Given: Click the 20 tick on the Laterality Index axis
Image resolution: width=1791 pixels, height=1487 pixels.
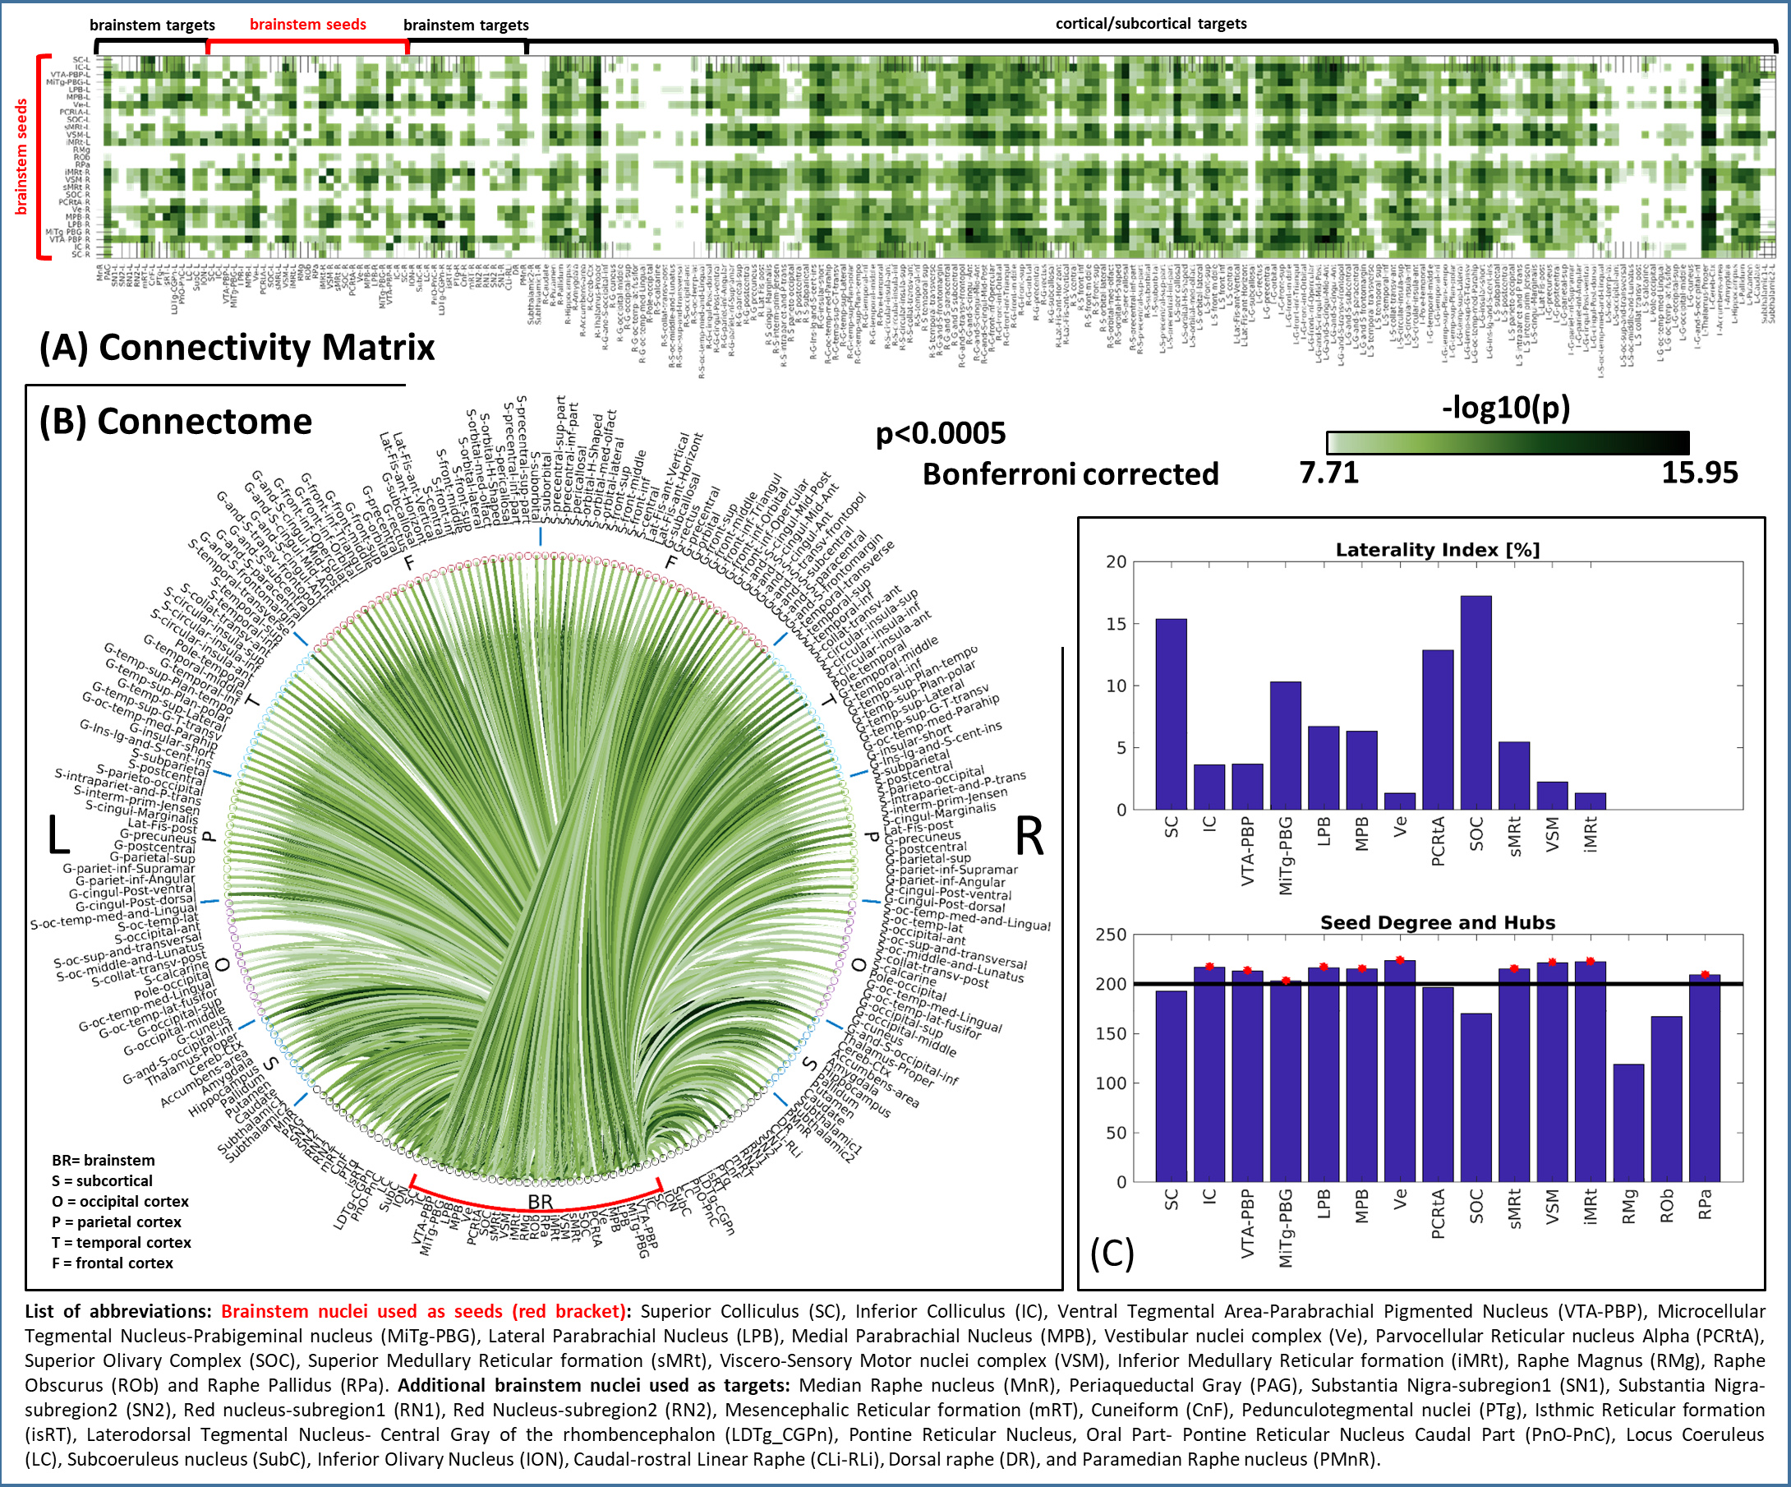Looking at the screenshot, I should click(x=1116, y=562).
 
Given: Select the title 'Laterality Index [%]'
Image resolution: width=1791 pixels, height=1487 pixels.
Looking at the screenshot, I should click(x=1437, y=550).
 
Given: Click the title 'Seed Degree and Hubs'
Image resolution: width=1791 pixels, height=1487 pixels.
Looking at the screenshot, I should click(x=1437, y=922).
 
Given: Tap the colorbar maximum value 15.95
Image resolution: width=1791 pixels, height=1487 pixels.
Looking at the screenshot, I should click(x=1699, y=473).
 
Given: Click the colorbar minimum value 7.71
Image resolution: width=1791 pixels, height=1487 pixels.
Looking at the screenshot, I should click(x=1328, y=473).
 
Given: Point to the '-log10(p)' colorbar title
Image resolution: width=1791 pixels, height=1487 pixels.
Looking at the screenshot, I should click(x=1505, y=408).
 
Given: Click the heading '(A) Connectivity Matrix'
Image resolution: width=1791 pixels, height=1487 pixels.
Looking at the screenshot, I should click(x=237, y=347).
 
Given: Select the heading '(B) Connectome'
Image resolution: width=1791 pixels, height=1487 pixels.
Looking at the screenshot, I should click(x=176, y=422).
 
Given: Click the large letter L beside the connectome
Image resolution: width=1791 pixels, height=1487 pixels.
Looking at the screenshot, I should click(x=58, y=835).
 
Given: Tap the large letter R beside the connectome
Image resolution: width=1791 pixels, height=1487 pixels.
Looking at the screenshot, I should click(x=1029, y=836).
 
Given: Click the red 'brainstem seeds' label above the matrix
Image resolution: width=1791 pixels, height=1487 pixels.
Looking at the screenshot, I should click(x=308, y=24).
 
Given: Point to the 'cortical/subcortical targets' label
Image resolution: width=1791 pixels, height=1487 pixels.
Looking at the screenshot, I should click(x=1150, y=24).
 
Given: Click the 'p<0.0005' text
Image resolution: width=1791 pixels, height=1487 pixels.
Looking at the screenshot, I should click(x=941, y=433).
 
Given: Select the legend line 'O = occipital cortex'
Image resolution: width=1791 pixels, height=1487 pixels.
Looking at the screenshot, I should click(x=120, y=1201).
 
